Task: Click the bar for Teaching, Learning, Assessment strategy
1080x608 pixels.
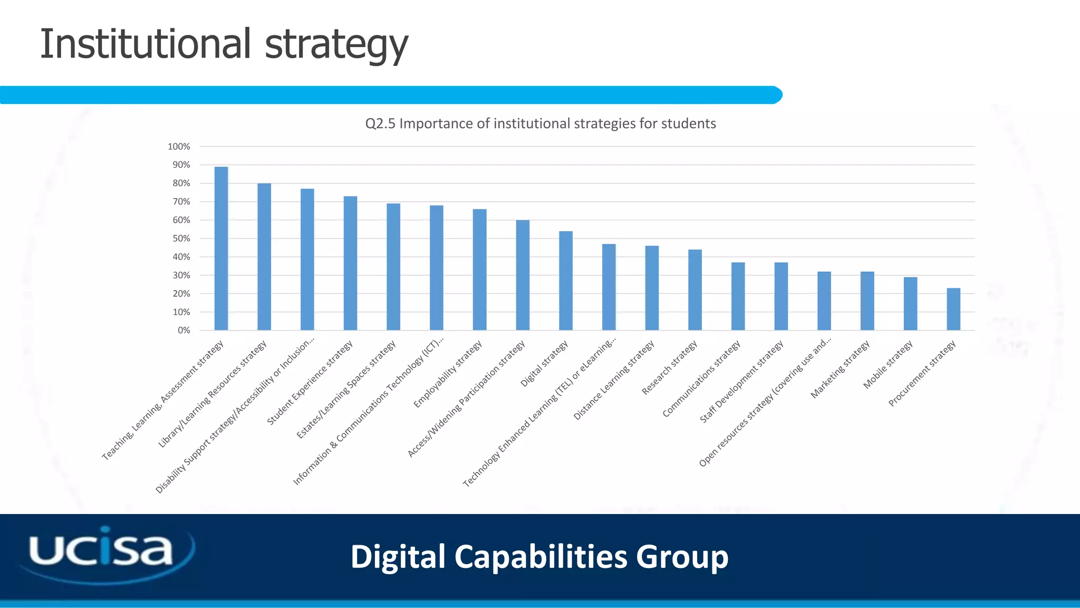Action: tap(221, 249)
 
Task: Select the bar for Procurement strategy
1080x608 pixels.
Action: tap(953, 309)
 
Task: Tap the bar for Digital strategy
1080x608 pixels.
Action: tap(566, 281)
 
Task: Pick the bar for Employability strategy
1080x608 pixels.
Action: tap(479, 270)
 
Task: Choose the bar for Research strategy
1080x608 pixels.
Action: tap(695, 290)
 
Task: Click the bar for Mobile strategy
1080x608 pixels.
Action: tap(910, 303)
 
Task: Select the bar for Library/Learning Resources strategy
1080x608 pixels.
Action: tap(264, 257)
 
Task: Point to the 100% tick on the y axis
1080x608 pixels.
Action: tap(179, 147)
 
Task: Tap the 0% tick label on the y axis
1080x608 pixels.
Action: tap(184, 330)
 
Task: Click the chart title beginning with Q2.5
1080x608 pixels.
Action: tap(541, 123)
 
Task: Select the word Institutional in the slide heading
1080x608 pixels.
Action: tap(145, 44)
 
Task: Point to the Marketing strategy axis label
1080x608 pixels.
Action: tap(840, 369)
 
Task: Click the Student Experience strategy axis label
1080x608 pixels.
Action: tap(310, 383)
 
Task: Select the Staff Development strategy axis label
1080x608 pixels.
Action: tap(741, 382)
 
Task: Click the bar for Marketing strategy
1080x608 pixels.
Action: tap(867, 301)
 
